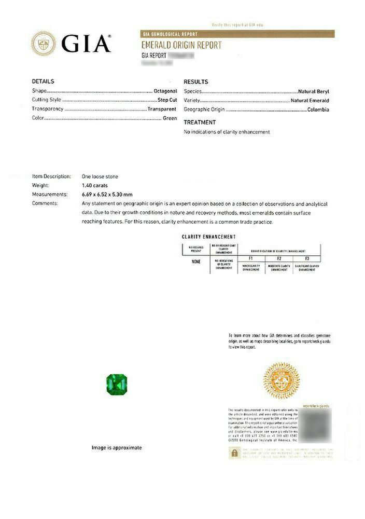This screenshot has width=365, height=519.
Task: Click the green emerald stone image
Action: click(117, 384)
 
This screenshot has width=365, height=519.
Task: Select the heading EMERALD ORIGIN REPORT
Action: click(181, 45)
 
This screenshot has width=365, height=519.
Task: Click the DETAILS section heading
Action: click(43, 81)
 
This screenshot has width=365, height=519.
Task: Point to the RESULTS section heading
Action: click(196, 82)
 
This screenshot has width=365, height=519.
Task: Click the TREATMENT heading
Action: click(200, 122)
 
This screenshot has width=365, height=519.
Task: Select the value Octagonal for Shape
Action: click(165, 91)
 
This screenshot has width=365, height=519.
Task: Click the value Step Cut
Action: click(167, 100)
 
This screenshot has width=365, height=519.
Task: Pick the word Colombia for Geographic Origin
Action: click(318, 110)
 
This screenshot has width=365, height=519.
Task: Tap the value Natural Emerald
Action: click(310, 100)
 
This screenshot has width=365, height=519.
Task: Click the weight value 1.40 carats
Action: click(95, 185)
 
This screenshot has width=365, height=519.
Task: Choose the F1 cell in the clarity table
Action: click(251, 258)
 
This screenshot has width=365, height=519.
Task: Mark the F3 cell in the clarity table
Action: click(307, 258)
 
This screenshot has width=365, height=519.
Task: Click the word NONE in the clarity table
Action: click(196, 262)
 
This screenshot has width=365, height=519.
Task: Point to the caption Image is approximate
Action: click(117, 447)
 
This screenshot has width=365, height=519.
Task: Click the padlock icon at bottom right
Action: click(234, 453)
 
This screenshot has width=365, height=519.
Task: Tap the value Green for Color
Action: click(170, 118)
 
